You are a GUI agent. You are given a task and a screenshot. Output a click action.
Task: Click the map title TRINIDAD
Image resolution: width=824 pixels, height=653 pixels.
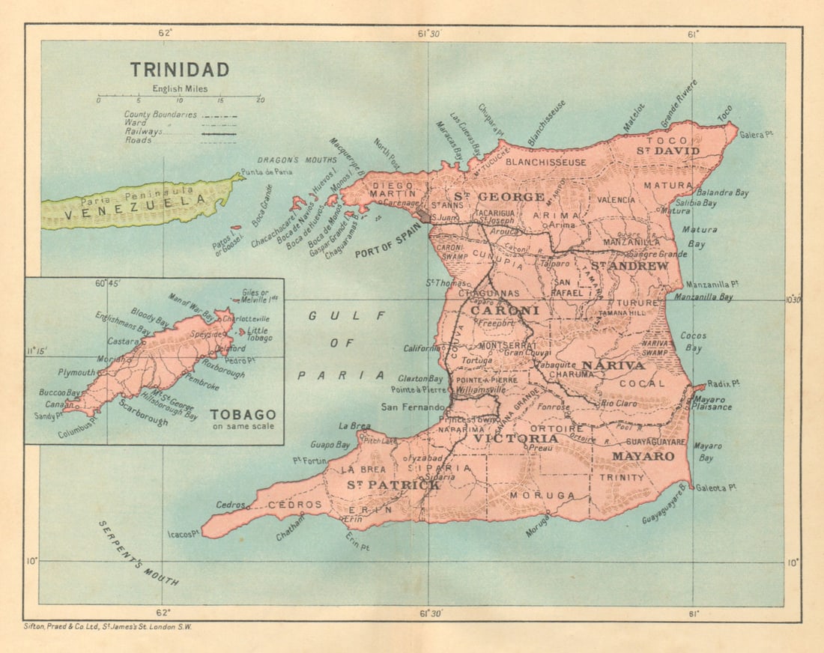180,70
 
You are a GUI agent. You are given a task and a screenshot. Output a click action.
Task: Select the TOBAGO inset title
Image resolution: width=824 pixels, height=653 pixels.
243,414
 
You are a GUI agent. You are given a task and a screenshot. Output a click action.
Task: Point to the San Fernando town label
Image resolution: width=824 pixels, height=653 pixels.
415,407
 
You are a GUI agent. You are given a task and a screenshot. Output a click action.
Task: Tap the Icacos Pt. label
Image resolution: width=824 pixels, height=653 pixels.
184,534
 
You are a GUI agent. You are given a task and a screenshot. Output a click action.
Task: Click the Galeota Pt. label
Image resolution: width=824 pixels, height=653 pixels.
716,488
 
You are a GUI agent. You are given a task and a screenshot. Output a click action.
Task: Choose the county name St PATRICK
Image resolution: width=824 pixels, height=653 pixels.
393,485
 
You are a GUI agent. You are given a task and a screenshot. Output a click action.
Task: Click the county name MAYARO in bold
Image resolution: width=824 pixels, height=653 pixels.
643,455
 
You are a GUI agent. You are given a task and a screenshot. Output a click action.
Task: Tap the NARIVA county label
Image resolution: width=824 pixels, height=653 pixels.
613,365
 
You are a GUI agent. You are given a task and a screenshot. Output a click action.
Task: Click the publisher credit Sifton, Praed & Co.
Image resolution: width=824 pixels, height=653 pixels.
108,627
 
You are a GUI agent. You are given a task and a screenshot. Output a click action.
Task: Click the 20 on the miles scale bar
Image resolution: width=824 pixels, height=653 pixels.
260,100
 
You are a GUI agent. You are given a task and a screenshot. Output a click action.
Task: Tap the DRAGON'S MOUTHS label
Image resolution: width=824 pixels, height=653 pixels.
289,160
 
